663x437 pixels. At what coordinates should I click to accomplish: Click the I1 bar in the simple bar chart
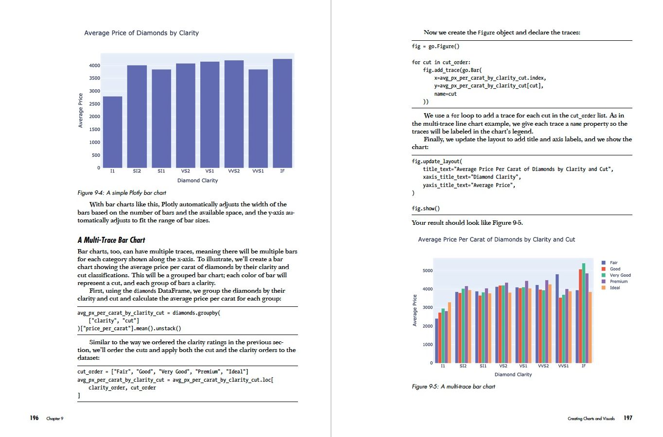[112, 132]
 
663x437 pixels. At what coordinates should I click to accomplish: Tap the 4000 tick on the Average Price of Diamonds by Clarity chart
[94, 66]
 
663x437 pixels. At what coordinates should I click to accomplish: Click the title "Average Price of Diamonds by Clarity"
[141, 33]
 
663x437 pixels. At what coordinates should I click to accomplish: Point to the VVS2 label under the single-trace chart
[234, 171]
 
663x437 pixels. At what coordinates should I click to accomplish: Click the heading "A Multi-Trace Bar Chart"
[111, 240]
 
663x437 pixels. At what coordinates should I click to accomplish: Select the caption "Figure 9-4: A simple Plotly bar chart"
[122, 193]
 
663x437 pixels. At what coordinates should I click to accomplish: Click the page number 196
[34, 418]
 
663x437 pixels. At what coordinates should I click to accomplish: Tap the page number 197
[628, 418]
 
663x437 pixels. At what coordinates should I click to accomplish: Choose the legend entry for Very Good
[620, 275]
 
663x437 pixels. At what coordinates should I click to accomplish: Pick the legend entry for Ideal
[615, 288]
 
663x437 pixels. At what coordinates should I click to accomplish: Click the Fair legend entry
[613, 263]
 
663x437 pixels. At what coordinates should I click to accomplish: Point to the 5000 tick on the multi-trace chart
[427, 270]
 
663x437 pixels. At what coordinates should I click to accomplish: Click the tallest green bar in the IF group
[584, 313]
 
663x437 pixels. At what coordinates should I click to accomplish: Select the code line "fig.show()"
[426, 209]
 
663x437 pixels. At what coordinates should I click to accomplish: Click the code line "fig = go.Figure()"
[436, 47]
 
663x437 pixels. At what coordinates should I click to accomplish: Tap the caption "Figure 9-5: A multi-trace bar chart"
[454, 387]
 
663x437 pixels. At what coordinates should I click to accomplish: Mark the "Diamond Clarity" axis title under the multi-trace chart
[513, 374]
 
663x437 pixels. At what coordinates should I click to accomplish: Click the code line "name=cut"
[445, 94]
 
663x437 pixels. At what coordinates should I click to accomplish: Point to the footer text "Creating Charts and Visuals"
[591, 419]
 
